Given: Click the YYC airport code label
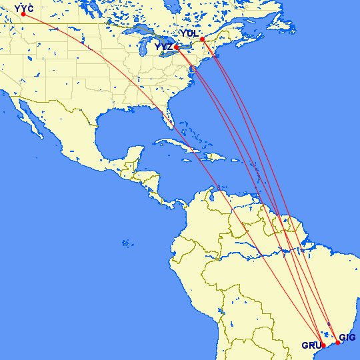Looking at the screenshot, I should point(24,7).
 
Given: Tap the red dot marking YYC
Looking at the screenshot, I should point(23,14).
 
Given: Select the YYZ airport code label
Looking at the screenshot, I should point(163,47).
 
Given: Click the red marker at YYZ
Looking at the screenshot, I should point(177,48).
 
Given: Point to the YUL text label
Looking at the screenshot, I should point(189,33).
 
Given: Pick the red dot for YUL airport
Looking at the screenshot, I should point(202,39).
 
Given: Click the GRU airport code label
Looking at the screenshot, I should point(310,345).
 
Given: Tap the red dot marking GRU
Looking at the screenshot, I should point(323,346).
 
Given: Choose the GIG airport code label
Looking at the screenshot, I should point(347,338).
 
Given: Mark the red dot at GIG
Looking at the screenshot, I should point(337,343).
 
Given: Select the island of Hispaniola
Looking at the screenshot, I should point(212,157).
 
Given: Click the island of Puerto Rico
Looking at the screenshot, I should point(232,161).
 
